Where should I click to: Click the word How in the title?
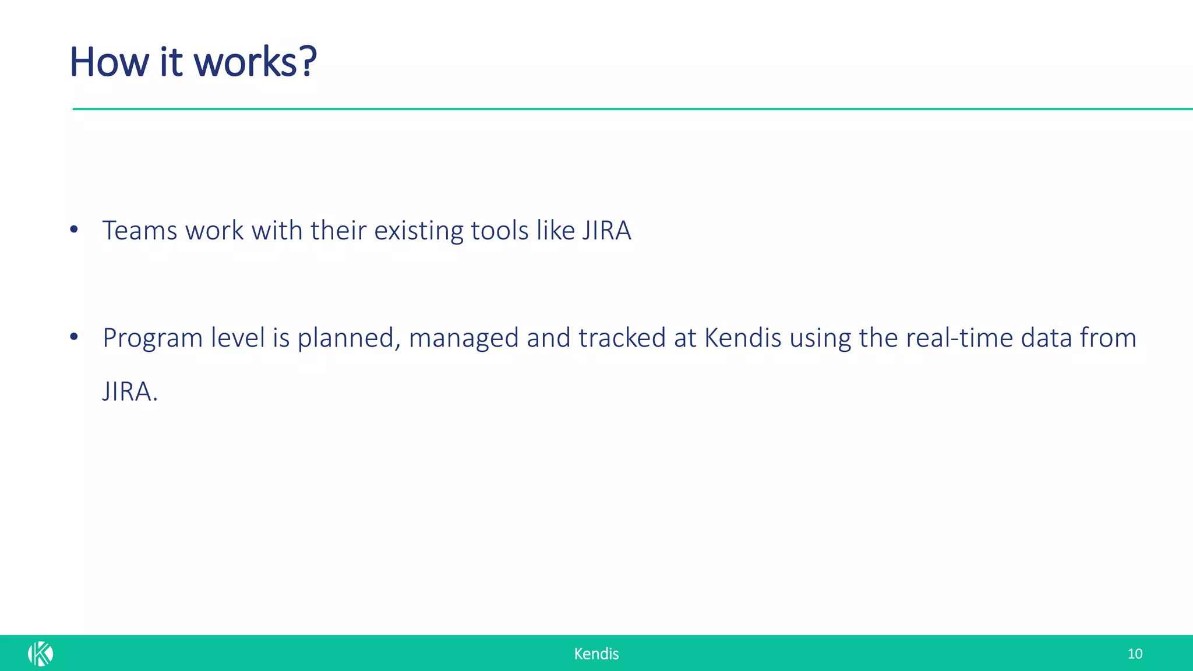110,62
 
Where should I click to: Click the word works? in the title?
255,62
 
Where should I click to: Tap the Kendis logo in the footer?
40,654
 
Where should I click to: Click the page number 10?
1134,654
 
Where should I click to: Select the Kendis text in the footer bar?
596,654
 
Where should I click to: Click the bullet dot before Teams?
73,229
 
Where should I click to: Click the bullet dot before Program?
73,337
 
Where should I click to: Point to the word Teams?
140,230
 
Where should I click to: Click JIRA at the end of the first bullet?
606,230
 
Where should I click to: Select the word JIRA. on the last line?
130,391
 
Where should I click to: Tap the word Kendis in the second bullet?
743,338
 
